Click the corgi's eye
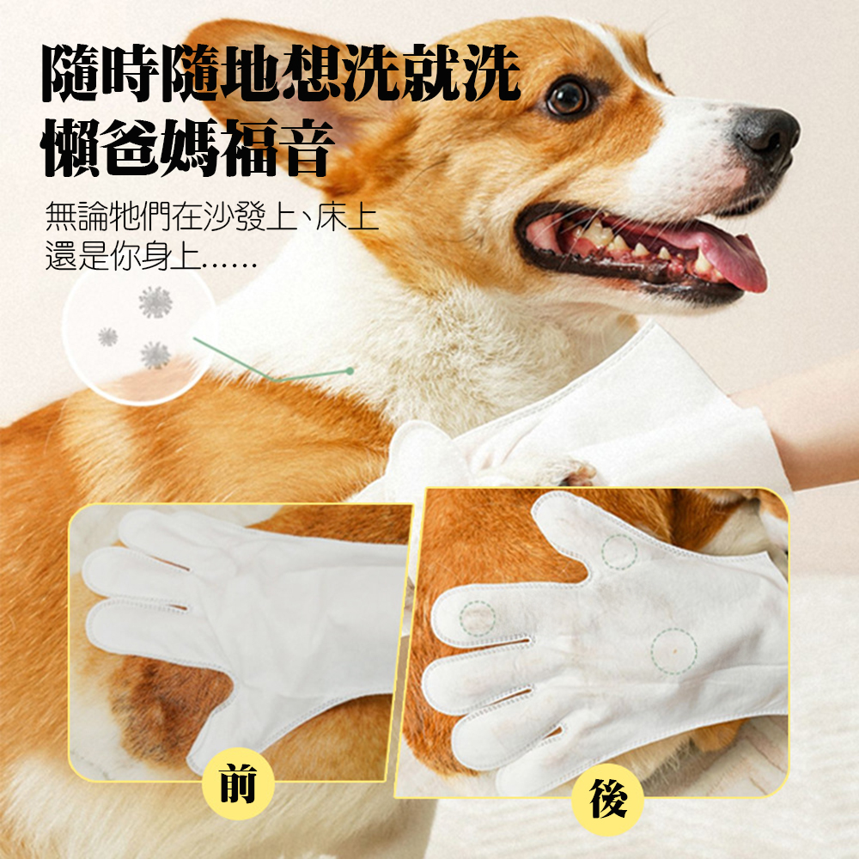tap(568, 99)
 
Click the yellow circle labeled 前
tap(237, 784)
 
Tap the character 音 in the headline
tap(305, 147)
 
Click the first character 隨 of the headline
tap(71, 74)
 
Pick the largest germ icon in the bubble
tap(155, 302)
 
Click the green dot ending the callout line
tap(350, 371)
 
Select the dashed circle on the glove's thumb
tap(619, 551)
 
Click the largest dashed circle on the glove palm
tap(673, 651)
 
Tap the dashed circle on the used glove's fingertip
tap(477, 618)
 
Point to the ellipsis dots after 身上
tap(229, 266)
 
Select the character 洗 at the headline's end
tap(490, 74)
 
